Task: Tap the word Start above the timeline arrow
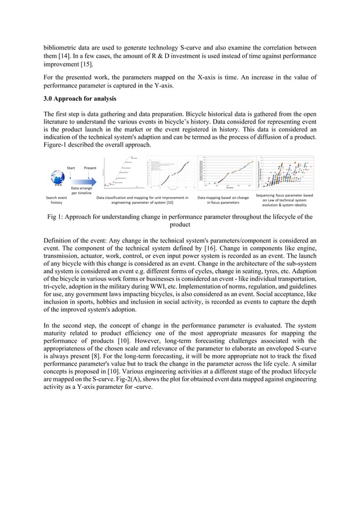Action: click(71, 168)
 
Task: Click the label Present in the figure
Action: click(90, 168)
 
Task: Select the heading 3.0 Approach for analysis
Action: click(80, 99)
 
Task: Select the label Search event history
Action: click(56, 200)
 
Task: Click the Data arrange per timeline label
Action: click(82, 190)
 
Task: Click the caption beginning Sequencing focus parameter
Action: click(284, 200)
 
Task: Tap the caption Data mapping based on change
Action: click(223, 198)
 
